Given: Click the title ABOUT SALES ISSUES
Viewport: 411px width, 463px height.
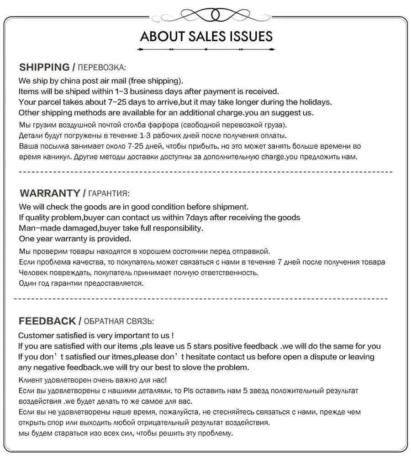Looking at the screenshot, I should pos(206,37).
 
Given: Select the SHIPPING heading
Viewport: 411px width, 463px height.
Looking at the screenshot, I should pos(44,67).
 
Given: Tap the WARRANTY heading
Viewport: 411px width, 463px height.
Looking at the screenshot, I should pos(50,193).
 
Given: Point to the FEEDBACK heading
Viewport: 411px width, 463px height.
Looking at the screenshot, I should pos(47,321).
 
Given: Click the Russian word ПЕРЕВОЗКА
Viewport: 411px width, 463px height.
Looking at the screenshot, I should pos(101,68).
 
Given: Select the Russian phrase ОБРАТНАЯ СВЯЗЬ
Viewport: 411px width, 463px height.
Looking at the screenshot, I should pos(119,321).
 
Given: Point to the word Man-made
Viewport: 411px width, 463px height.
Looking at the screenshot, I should pos(37,228).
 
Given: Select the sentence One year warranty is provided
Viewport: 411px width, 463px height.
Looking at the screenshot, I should pos(75,239).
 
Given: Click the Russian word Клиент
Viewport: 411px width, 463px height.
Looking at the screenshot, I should pos(30,380).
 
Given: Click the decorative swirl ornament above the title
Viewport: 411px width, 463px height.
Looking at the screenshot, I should pos(206,15).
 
